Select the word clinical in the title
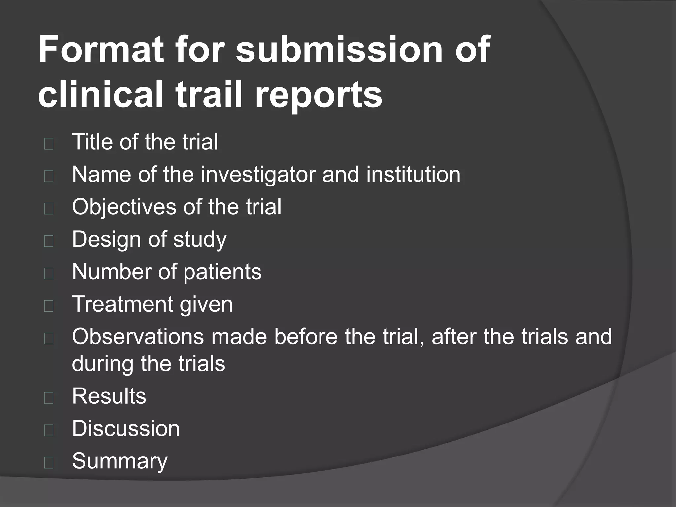(101, 94)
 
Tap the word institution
(413, 174)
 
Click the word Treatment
(122, 304)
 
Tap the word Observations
(138, 337)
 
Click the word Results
(109, 396)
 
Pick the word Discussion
(126, 428)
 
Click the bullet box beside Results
(49, 398)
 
